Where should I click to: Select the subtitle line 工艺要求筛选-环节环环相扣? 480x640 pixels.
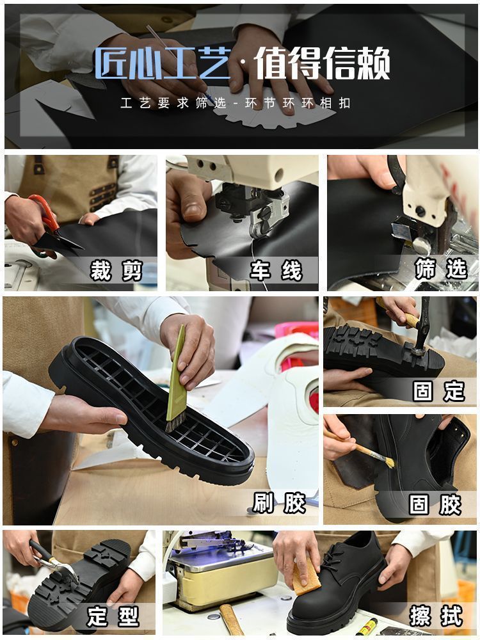point(236,103)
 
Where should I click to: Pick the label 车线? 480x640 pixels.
point(276,271)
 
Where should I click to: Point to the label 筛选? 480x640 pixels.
point(440,269)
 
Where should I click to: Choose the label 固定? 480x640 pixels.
point(439,391)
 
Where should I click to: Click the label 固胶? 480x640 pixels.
point(435,504)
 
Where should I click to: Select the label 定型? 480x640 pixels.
point(114,617)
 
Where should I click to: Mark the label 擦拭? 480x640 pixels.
point(436,617)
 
